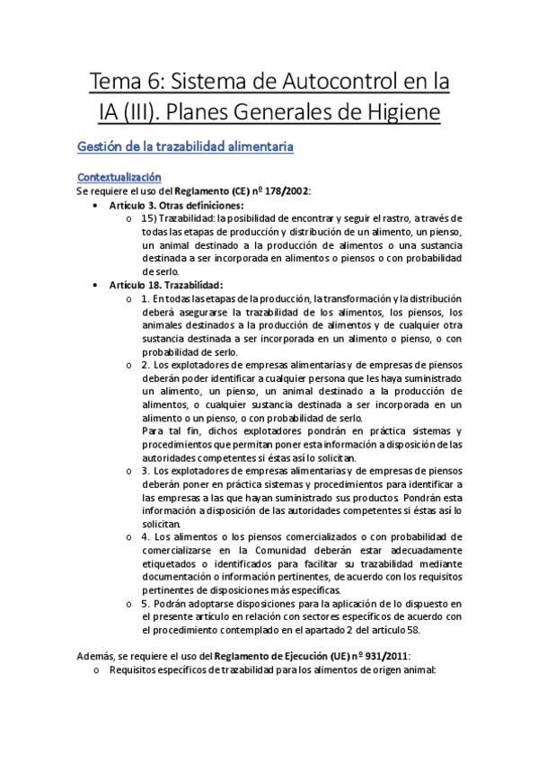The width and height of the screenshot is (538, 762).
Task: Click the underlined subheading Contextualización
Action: (x=119, y=177)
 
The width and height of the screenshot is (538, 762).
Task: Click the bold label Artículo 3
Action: (x=132, y=206)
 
